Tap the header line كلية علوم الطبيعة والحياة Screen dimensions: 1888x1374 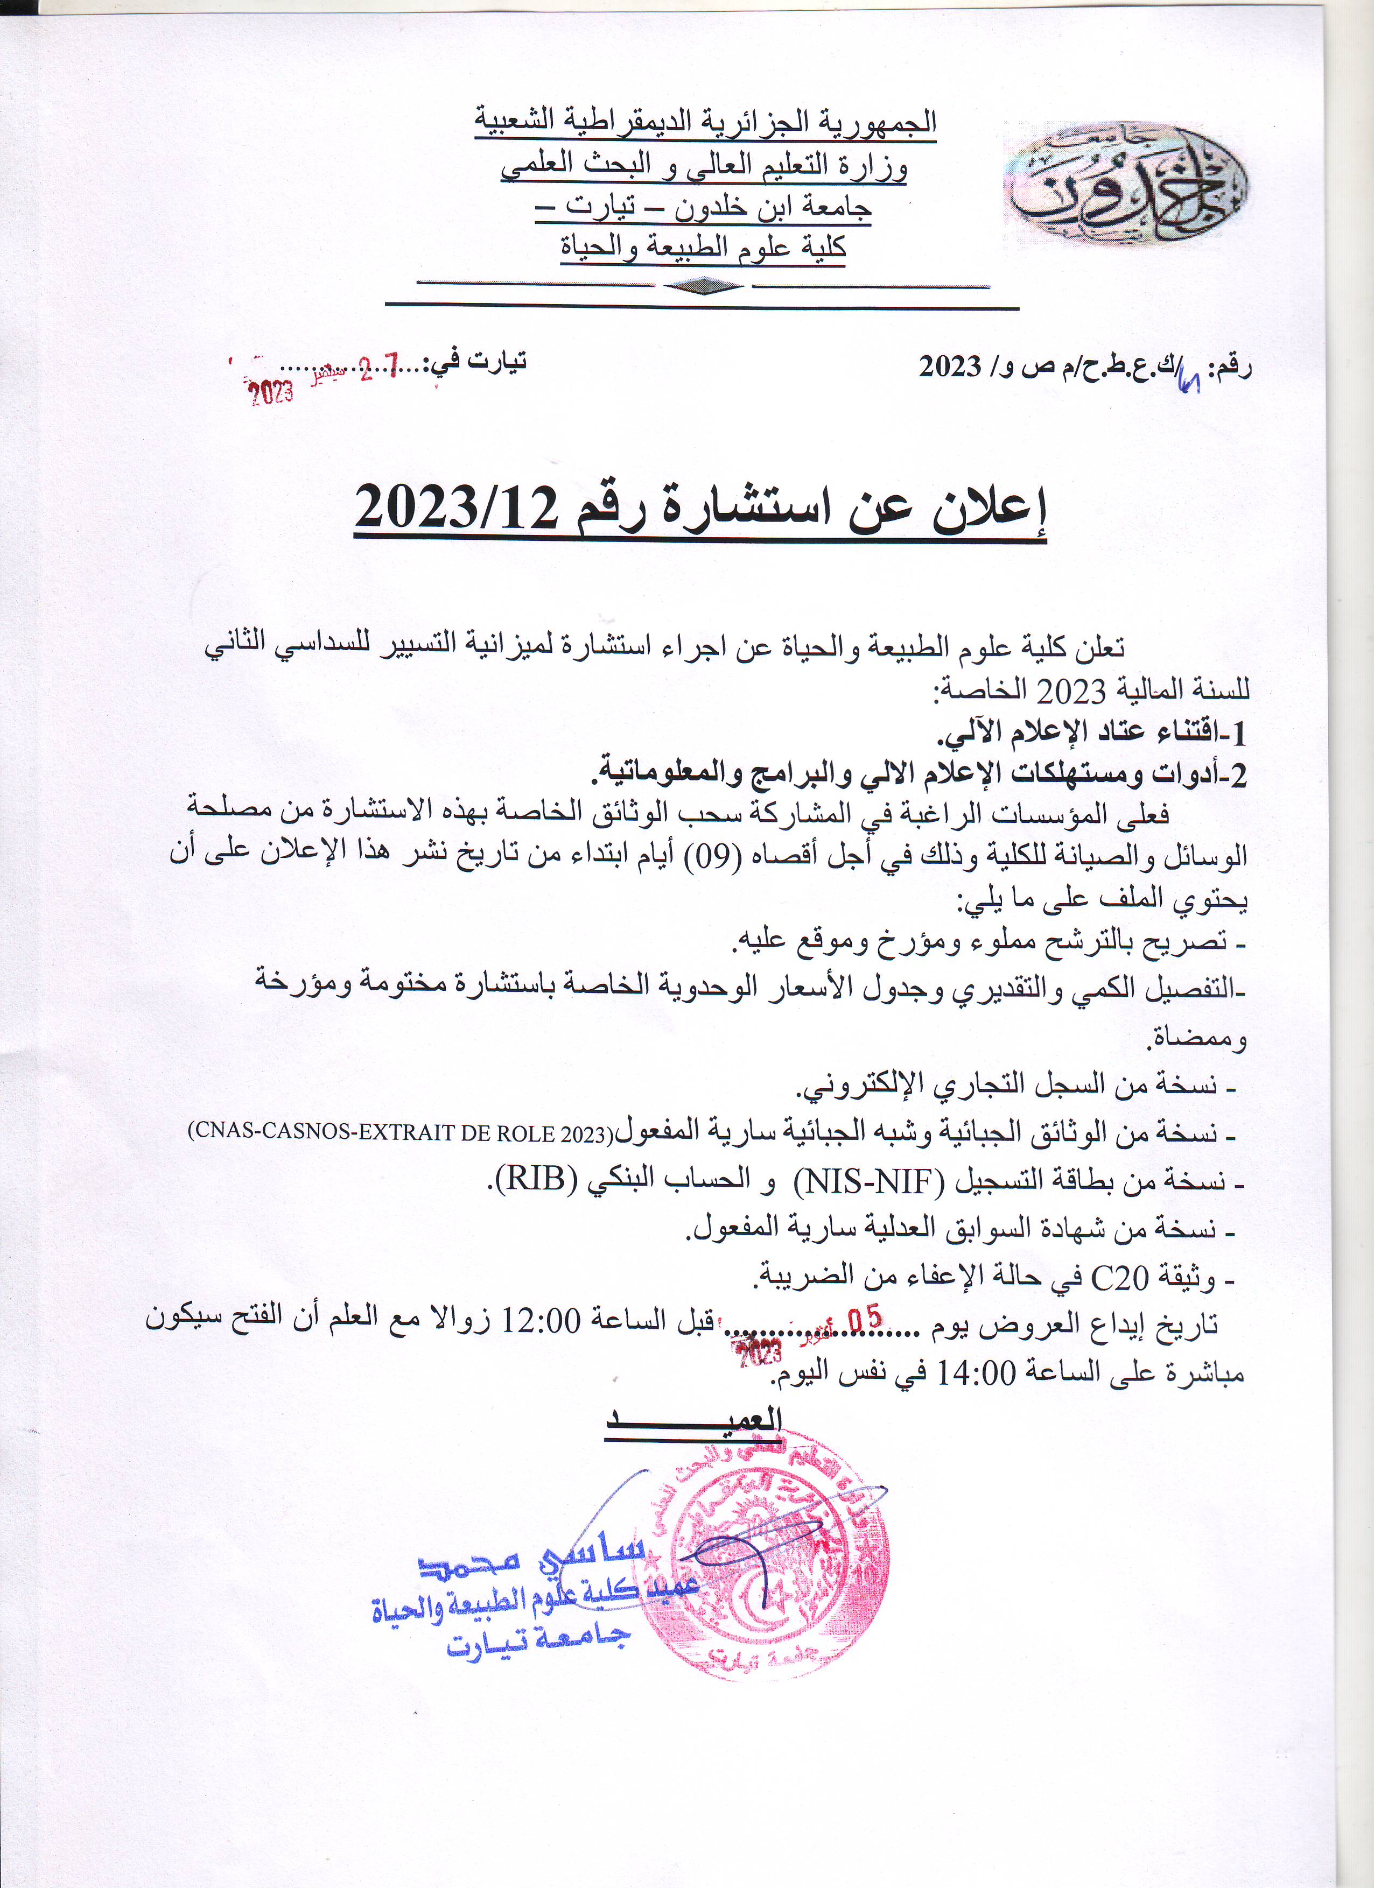pos(704,247)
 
